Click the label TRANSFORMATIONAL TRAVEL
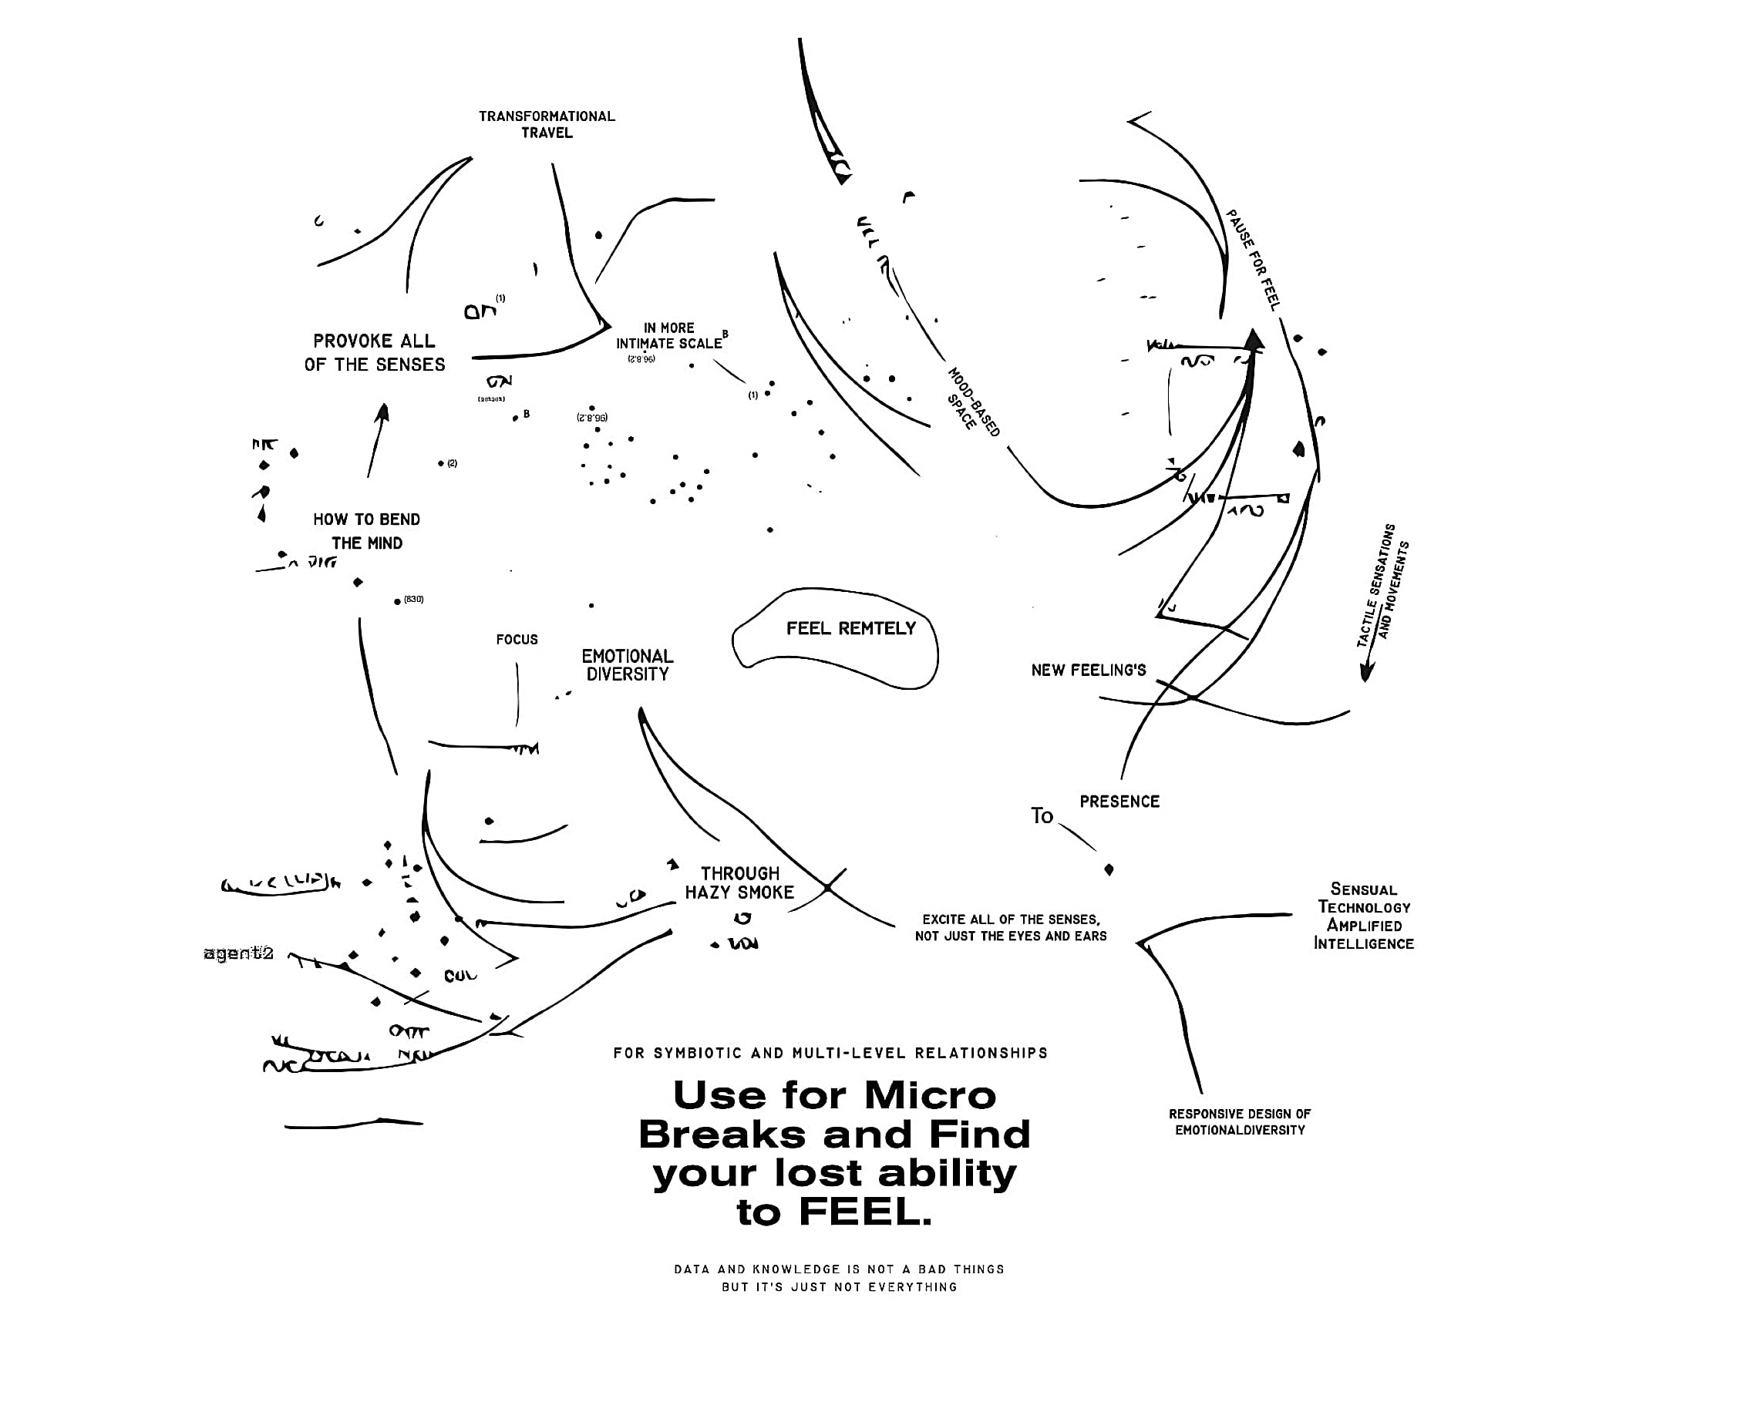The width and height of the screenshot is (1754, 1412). [x=547, y=124]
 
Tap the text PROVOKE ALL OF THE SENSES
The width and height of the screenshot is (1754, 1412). [x=374, y=352]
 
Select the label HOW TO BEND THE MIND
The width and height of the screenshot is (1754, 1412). [x=366, y=531]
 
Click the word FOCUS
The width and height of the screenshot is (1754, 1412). [x=517, y=639]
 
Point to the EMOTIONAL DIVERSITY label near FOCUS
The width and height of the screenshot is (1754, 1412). [x=628, y=665]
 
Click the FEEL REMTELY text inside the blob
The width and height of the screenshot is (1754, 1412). [x=850, y=628]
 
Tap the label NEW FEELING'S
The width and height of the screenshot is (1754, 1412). [x=1088, y=671]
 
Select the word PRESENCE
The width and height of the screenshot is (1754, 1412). [x=1119, y=801]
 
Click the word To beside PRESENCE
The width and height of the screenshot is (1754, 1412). [x=1042, y=815]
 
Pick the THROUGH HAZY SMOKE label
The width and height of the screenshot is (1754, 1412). [x=739, y=882]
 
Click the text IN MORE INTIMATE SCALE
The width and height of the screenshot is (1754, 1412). [x=668, y=336]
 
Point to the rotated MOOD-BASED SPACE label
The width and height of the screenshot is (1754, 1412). [x=972, y=402]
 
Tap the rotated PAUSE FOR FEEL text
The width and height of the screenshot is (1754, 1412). [x=1254, y=260]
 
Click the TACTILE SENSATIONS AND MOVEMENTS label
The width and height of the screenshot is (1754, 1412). [x=1383, y=586]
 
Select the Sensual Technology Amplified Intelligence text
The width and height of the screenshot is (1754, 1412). [x=1364, y=916]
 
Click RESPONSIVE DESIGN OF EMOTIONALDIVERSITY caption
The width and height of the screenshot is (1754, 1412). [x=1240, y=1121]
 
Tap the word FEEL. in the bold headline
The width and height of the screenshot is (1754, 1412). [x=865, y=1212]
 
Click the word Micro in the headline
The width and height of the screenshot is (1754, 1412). [x=930, y=1095]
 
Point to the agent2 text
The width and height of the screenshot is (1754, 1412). [x=238, y=953]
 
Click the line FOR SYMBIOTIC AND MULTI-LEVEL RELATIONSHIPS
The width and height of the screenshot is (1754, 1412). [x=830, y=1054]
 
